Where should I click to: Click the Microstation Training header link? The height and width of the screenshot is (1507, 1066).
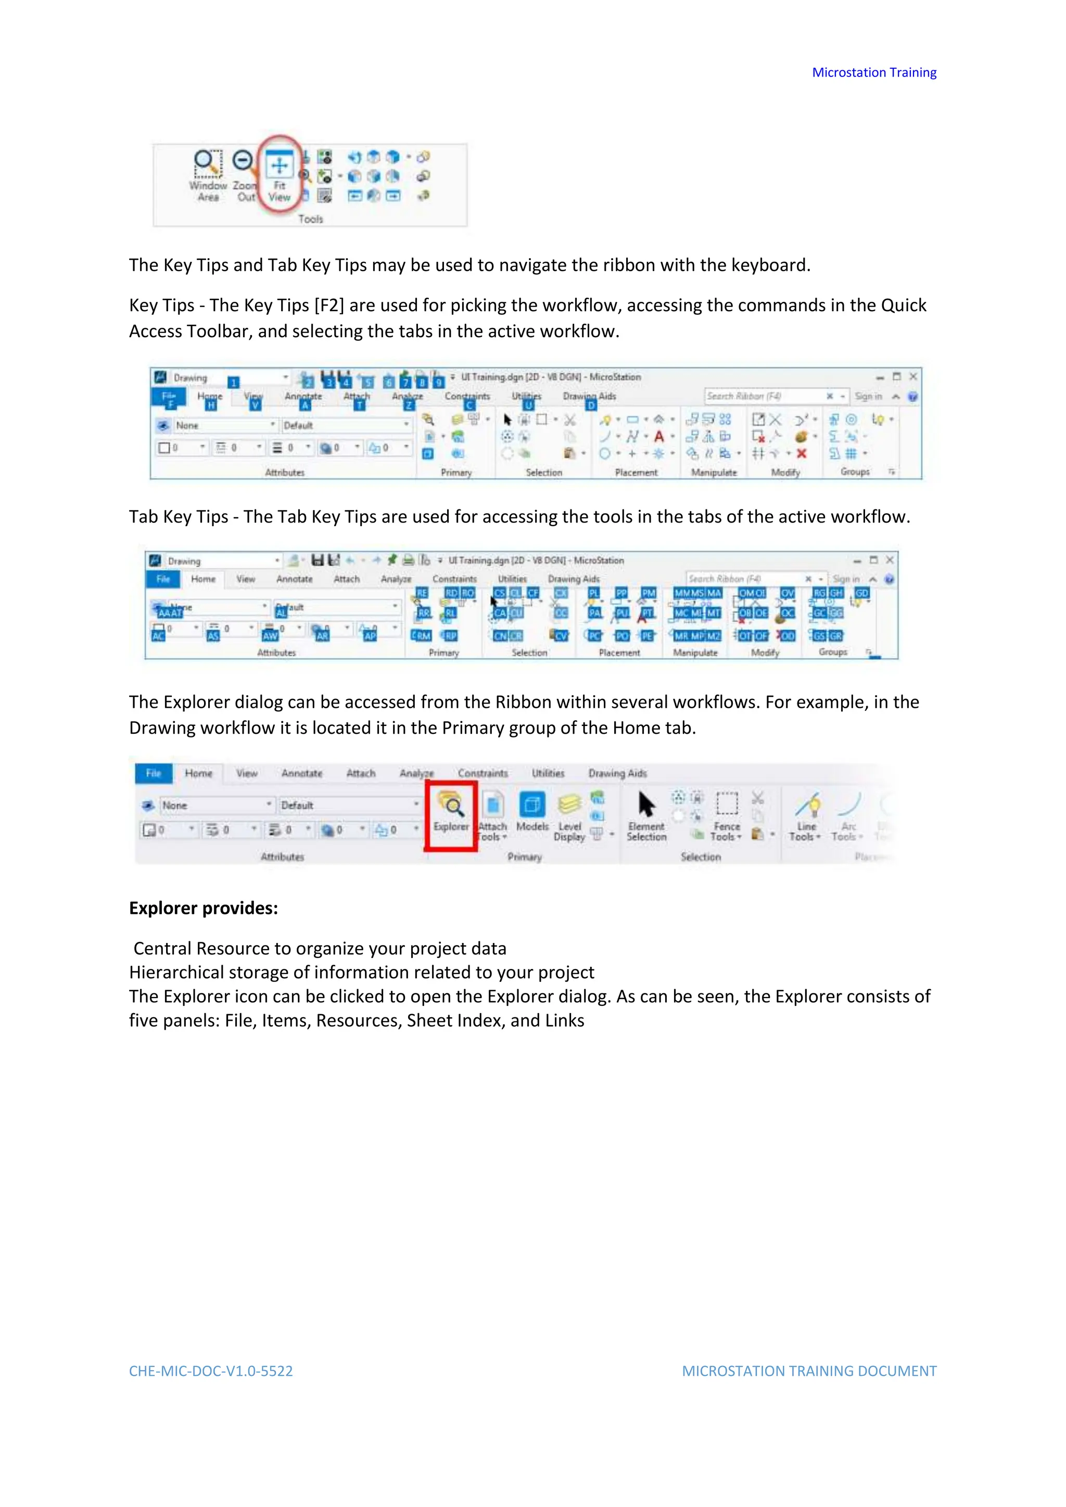pyautogui.click(x=874, y=72)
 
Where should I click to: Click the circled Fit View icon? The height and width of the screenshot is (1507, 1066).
pyautogui.click(x=280, y=166)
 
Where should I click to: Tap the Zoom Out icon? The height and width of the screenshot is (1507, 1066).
pyautogui.click(x=244, y=161)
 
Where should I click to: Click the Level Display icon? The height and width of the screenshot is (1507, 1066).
pyautogui.click(x=569, y=804)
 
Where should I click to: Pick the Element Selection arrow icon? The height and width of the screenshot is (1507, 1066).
pyautogui.click(x=646, y=804)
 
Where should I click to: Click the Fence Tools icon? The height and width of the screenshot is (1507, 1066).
pyautogui.click(x=727, y=803)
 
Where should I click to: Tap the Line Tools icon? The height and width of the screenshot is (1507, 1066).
pyautogui.click(x=807, y=804)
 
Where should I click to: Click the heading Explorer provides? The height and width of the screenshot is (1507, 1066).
pyautogui.click(x=204, y=909)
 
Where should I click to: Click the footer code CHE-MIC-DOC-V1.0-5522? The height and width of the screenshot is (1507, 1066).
pyautogui.click(x=211, y=1371)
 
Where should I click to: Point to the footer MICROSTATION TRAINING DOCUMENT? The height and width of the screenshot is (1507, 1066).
pyautogui.click(x=809, y=1371)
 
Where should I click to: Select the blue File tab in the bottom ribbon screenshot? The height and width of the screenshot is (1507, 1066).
pyautogui.click(x=153, y=773)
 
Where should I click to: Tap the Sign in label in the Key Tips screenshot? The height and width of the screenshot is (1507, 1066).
pyautogui.click(x=868, y=397)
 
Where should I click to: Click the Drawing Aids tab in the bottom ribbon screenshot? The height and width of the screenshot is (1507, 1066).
pyautogui.click(x=617, y=773)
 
